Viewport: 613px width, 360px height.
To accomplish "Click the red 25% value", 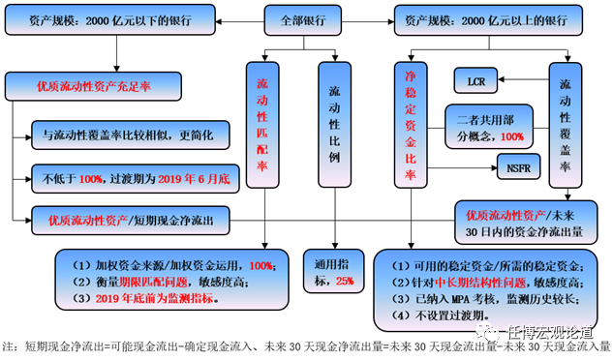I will click(x=344, y=282).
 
